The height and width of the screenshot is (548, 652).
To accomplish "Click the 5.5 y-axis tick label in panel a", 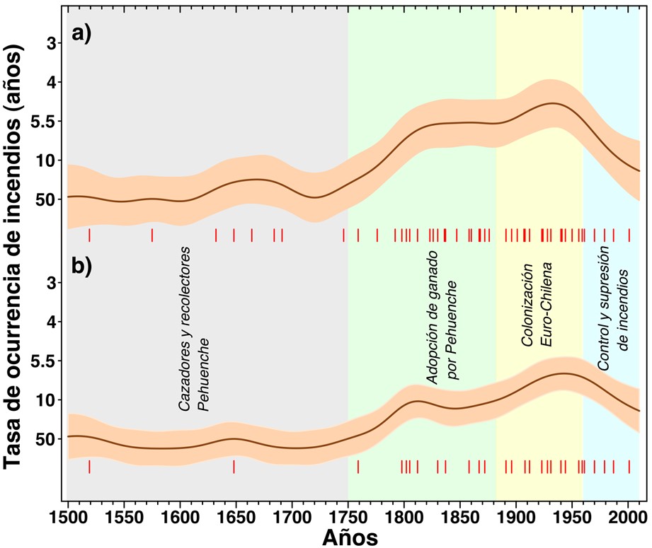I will [x=45, y=122].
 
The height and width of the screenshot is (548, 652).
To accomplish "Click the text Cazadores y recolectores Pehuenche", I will [x=193, y=330].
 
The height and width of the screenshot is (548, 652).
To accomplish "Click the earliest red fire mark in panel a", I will [x=89, y=235].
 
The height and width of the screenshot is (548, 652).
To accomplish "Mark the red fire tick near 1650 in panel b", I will [x=234, y=467].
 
